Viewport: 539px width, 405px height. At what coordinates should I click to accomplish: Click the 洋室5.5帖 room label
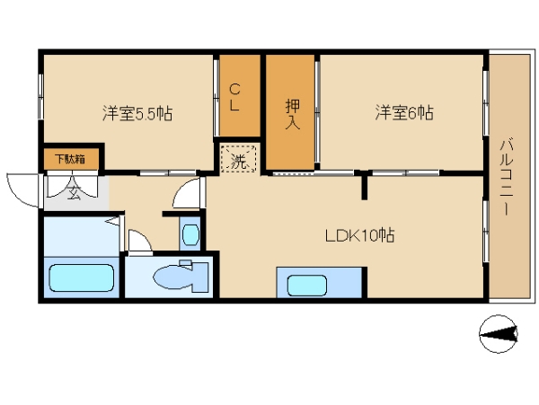137,113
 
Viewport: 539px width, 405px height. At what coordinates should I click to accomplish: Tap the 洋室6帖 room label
404,112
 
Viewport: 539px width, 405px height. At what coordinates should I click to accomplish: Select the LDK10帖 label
359,235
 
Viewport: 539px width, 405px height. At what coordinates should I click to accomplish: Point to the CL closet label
234,98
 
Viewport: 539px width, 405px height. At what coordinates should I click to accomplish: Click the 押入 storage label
293,115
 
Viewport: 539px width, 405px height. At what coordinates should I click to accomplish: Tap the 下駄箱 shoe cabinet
72,159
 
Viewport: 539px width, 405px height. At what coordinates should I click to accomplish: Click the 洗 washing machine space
238,159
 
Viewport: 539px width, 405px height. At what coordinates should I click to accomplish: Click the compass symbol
499,334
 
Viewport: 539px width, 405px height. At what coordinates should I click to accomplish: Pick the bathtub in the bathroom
82,277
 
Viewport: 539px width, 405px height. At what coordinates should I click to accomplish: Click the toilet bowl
172,277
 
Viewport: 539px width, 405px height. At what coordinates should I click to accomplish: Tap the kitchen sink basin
307,286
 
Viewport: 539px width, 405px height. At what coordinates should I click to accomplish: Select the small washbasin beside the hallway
190,234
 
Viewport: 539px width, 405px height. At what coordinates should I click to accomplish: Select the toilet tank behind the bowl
201,277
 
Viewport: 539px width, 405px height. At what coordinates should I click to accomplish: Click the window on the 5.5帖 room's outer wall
40,97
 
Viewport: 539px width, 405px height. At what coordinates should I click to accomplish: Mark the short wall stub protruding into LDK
365,185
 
